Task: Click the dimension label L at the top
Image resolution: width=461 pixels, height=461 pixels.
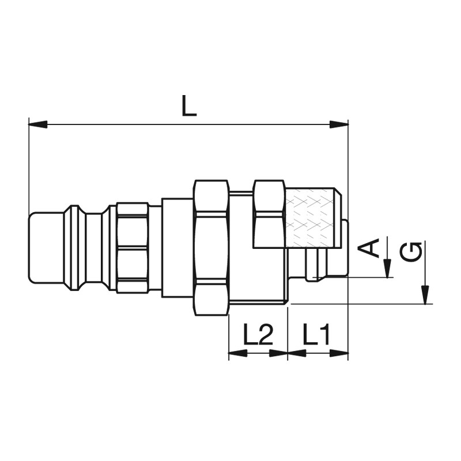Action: (x=189, y=105)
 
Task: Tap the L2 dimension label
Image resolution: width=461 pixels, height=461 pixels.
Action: (x=258, y=334)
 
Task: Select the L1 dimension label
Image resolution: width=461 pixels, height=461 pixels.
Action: (x=316, y=334)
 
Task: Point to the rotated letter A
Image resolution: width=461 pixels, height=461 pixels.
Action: (x=368, y=248)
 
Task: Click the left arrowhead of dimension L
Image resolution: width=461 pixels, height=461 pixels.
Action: (x=37, y=124)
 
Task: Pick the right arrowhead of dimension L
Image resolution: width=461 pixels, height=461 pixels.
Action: (x=339, y=124)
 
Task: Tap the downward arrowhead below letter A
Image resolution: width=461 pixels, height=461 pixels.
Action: (x=388, y=268)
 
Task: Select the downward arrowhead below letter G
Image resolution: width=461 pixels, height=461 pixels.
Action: (x=425, y=294)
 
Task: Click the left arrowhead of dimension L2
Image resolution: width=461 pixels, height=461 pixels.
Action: (x=238, y=353)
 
